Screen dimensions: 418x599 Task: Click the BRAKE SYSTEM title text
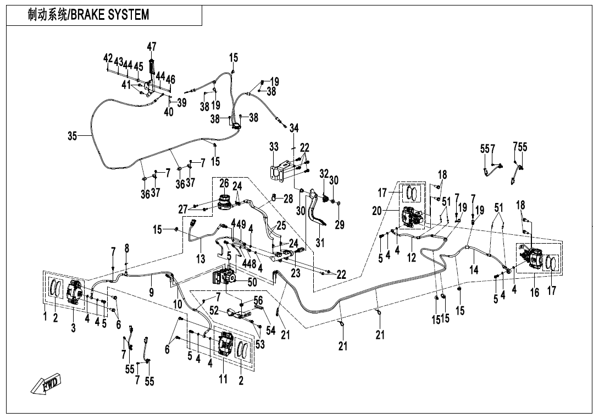click(x=88, y=15)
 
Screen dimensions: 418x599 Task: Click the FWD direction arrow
click(x=46, y=383)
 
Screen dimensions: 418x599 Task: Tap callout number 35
click(x=73, y=136)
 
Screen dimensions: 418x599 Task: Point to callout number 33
click(x=274, y=147)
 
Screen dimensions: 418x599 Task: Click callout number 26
click(x=224, y=182)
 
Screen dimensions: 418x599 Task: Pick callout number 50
click(x=252, y=282)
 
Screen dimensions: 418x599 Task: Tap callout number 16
click(x=534, y=292)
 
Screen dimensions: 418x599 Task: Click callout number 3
click(x=73, y=328)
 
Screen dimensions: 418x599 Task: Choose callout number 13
click(x=201, y=258)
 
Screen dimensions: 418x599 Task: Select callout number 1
click(x=46, y=317)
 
